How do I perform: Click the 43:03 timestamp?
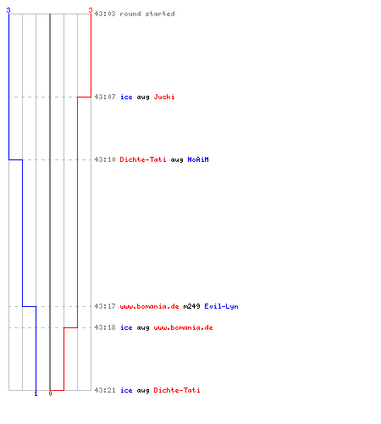click(x=105, y=14)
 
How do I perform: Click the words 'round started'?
click(x=147, y=14)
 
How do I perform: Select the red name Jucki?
click(x=164, y=97)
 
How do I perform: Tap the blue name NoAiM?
click(x=198, y=159)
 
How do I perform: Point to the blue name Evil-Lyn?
click(x=221, y=306)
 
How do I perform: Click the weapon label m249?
click(x=191, y=306)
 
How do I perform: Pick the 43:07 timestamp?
click(x=105, y=97)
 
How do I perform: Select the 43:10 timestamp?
click(x=105, y=159)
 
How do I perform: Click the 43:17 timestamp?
click(x=105, y=306)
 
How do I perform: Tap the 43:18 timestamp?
click(x=105, y=327)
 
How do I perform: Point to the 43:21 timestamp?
click(x=105, y=390)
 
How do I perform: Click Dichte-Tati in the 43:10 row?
click(x=143, y=159)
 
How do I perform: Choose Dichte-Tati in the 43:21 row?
click(x=177, y=390)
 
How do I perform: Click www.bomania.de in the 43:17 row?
click(x=149, y=306)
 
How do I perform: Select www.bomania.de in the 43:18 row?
click(x=183, y=327)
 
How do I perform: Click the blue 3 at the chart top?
click(x=8, y=10)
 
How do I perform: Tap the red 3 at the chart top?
click(x=91, y=10)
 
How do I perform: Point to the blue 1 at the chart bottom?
click(x=36, y=393)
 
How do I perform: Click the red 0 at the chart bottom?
click(x=50, y=393)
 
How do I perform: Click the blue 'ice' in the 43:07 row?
click(x=126, y=97)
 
